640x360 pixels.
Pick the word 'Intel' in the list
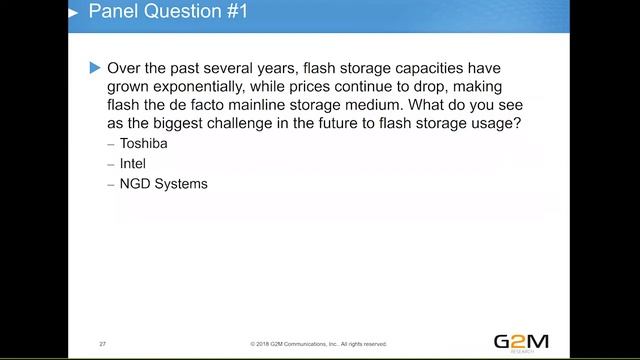click(133, 164)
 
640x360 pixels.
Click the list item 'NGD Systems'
click(164, 184)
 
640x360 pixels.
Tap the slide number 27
click(103, 343)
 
